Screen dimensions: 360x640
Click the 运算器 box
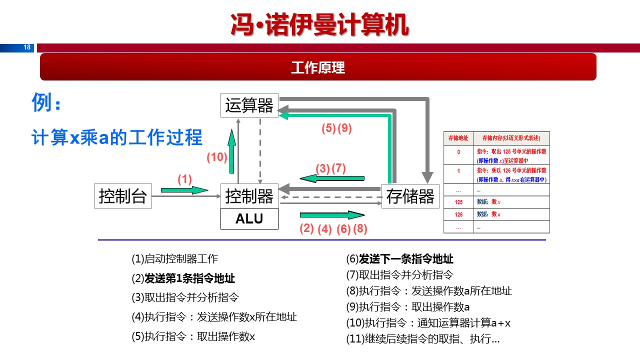(x=249, y=105)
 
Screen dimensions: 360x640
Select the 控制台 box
(x=123, y=196)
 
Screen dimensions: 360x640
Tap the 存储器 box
(x=410, y=196)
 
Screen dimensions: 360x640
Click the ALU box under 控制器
(x=249, y=219)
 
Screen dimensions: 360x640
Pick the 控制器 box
(x=249, y=196)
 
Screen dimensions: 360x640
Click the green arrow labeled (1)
(x=184, y=190)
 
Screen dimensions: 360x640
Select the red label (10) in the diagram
(x=217, y=157)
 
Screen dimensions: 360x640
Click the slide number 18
(x=27, y=47)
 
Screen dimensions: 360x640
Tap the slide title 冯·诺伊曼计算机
(x=320, y=24)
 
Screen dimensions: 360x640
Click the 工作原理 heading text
(x=318, y=67)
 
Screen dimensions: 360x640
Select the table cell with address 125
(x=458, y=202)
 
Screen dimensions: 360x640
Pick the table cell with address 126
(x=458, y=214)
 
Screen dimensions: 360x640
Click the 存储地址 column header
(x=458, y=138)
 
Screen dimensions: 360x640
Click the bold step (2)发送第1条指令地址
(x=183, y=278)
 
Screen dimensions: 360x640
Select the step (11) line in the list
(x=422, y=339)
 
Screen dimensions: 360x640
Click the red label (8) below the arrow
(x=360, y=229)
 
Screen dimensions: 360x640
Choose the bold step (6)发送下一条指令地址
(x=399, y=259)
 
